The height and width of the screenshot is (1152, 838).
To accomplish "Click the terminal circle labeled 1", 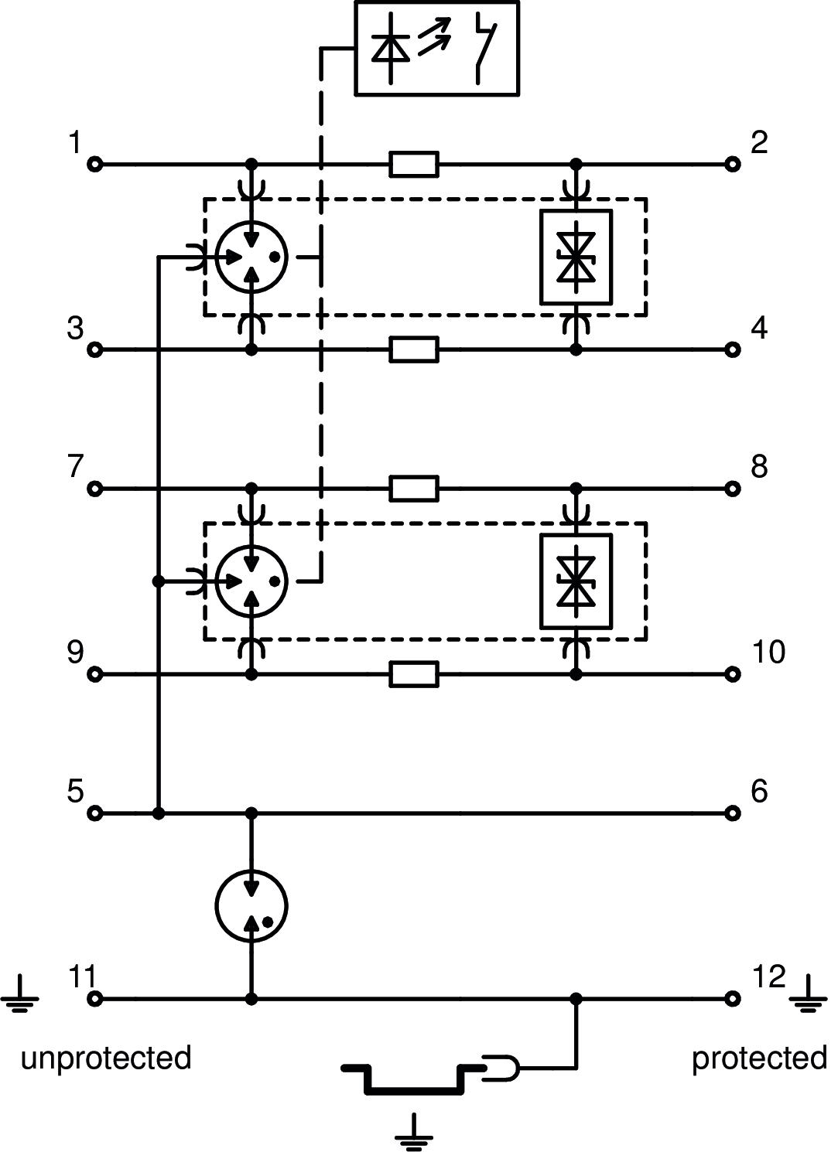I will point(95,165).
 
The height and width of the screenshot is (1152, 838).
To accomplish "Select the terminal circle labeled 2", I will point(732,165).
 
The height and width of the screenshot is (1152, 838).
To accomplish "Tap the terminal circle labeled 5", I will point(95,813).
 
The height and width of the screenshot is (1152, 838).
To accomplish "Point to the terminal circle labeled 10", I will point(732,674).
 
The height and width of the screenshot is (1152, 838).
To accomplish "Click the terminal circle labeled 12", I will point(732,999).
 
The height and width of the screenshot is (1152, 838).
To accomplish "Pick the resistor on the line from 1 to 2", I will point(414,165).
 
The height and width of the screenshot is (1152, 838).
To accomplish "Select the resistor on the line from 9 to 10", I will point(414,674).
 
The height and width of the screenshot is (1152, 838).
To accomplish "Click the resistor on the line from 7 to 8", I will point(414,489).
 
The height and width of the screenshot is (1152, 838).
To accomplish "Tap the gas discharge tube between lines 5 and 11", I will point(251,906).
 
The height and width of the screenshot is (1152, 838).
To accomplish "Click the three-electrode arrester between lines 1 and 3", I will point(251,257).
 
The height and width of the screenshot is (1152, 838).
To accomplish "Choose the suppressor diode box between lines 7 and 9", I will point(576,581).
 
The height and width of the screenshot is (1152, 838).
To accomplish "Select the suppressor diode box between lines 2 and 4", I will point(576,257).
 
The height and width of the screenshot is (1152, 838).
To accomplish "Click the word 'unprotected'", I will point(106,1058).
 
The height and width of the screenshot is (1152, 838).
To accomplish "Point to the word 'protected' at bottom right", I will point(759,1058).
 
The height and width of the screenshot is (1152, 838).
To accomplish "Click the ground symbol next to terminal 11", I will point(20,996).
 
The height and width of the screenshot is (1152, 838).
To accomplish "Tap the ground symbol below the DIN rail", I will point(414,1132).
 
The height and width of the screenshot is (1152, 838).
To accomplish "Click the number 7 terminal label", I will point(75,467).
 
